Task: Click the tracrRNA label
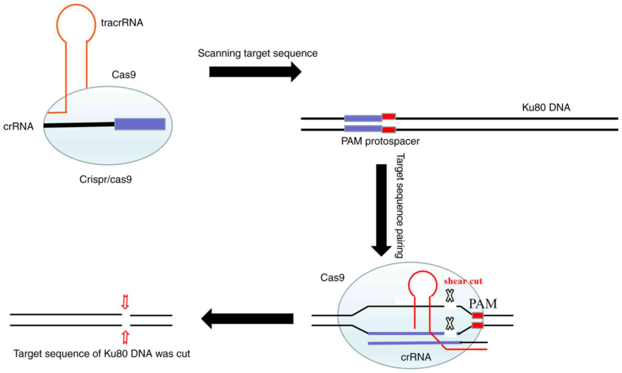(x=122, y=23)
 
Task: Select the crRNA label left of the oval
(x=18, y=126)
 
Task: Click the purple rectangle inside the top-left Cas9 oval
(x=140, y=124)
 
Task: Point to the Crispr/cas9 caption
(x=106, y=179)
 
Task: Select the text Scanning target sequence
(x=257, y=53)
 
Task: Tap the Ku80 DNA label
(x=546, y=108)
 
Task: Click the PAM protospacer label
(x=380, y=141)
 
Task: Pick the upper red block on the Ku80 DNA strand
(x=389, y=116)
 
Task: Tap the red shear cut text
(x=463, y=281)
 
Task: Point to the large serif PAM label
(x=483, y=304)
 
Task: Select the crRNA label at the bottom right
(x=416, y=357)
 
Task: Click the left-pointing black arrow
(x=247, y=319)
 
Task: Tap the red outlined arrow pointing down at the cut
(x=125, y=302)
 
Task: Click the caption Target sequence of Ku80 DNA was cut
(x=102, y=354)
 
